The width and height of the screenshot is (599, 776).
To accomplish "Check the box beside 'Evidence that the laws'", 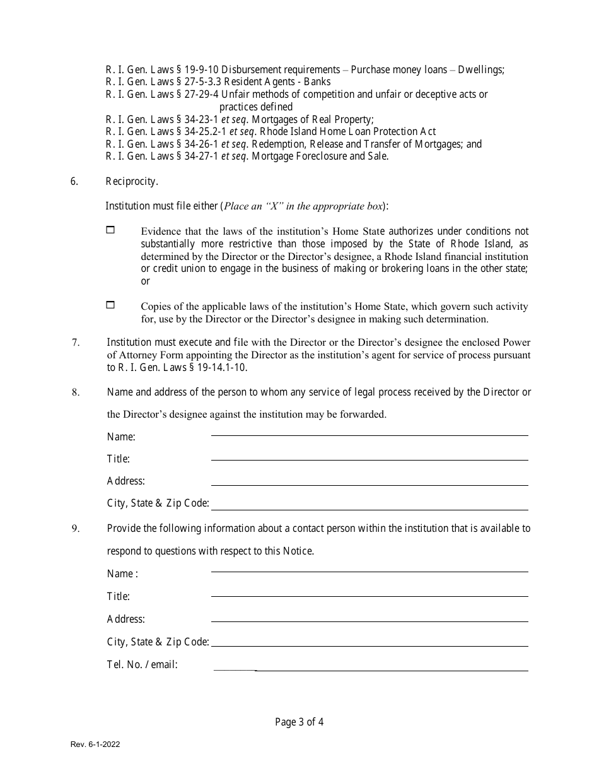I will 110,231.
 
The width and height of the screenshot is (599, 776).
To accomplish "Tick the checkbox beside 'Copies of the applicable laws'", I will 110,305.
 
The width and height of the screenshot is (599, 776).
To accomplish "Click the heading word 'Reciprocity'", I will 131,182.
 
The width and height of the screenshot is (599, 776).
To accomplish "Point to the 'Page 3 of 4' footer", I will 299,722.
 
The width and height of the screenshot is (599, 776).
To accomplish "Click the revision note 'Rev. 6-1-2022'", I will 95,744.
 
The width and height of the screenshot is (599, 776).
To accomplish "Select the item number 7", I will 75,343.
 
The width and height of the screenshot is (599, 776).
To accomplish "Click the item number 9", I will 75,529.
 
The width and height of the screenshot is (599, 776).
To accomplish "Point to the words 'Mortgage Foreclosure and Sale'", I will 320,156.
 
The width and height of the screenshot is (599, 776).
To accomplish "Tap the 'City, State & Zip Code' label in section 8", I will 158,503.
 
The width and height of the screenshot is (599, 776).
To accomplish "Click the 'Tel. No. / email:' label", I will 142,664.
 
